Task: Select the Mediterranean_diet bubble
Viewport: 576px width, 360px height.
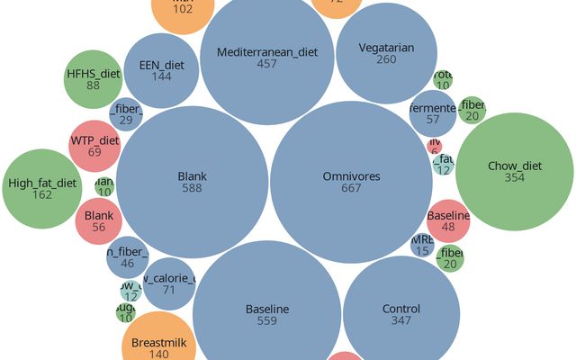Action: coord(267,58)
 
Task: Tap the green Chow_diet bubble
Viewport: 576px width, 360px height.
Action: coord(515,171)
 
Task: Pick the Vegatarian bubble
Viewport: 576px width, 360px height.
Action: coord(386,53)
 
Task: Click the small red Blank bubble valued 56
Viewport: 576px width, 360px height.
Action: coord(98,221)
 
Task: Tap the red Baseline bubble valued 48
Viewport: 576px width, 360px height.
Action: coord(448,221)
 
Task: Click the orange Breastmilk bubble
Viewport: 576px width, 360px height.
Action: coord(157,346)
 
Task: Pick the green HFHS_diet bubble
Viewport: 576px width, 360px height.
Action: coord(94,79)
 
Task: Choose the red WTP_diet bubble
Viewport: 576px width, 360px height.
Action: coord(94,146)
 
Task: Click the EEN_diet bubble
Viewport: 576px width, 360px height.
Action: coord(162,71)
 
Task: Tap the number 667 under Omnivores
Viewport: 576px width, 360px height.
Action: coord(351,189)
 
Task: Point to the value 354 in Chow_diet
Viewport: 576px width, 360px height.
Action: coord(515,178)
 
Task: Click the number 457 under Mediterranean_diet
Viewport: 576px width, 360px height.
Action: coord(267,65)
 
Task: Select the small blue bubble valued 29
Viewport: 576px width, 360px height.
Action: coord(126,114)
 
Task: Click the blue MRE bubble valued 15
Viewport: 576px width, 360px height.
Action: coord(422,245)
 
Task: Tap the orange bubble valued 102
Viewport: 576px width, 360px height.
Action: coord(183,9)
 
